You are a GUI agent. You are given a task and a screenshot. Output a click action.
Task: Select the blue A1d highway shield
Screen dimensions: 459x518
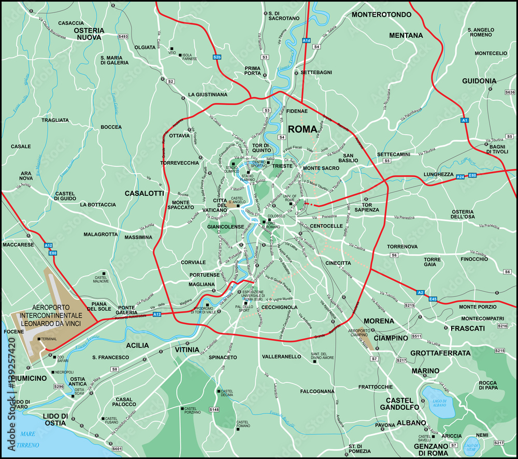(307, 40)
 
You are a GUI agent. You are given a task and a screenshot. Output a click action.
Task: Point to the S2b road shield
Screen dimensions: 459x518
(217, 56)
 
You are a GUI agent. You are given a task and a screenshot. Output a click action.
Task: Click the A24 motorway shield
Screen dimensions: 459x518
(461, 177)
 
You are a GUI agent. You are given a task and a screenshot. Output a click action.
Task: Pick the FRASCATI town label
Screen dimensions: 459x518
(467, 328)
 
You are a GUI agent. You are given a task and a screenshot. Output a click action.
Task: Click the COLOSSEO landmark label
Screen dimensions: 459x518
(276, 216)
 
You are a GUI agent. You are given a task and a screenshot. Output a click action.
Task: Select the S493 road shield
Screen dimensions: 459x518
(123, 37)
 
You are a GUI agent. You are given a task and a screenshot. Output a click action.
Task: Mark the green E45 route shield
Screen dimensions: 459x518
(434, 299)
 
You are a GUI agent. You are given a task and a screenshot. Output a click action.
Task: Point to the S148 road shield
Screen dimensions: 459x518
(214, 409)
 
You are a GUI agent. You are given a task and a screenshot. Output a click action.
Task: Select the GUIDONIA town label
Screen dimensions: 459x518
(479, 81)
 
